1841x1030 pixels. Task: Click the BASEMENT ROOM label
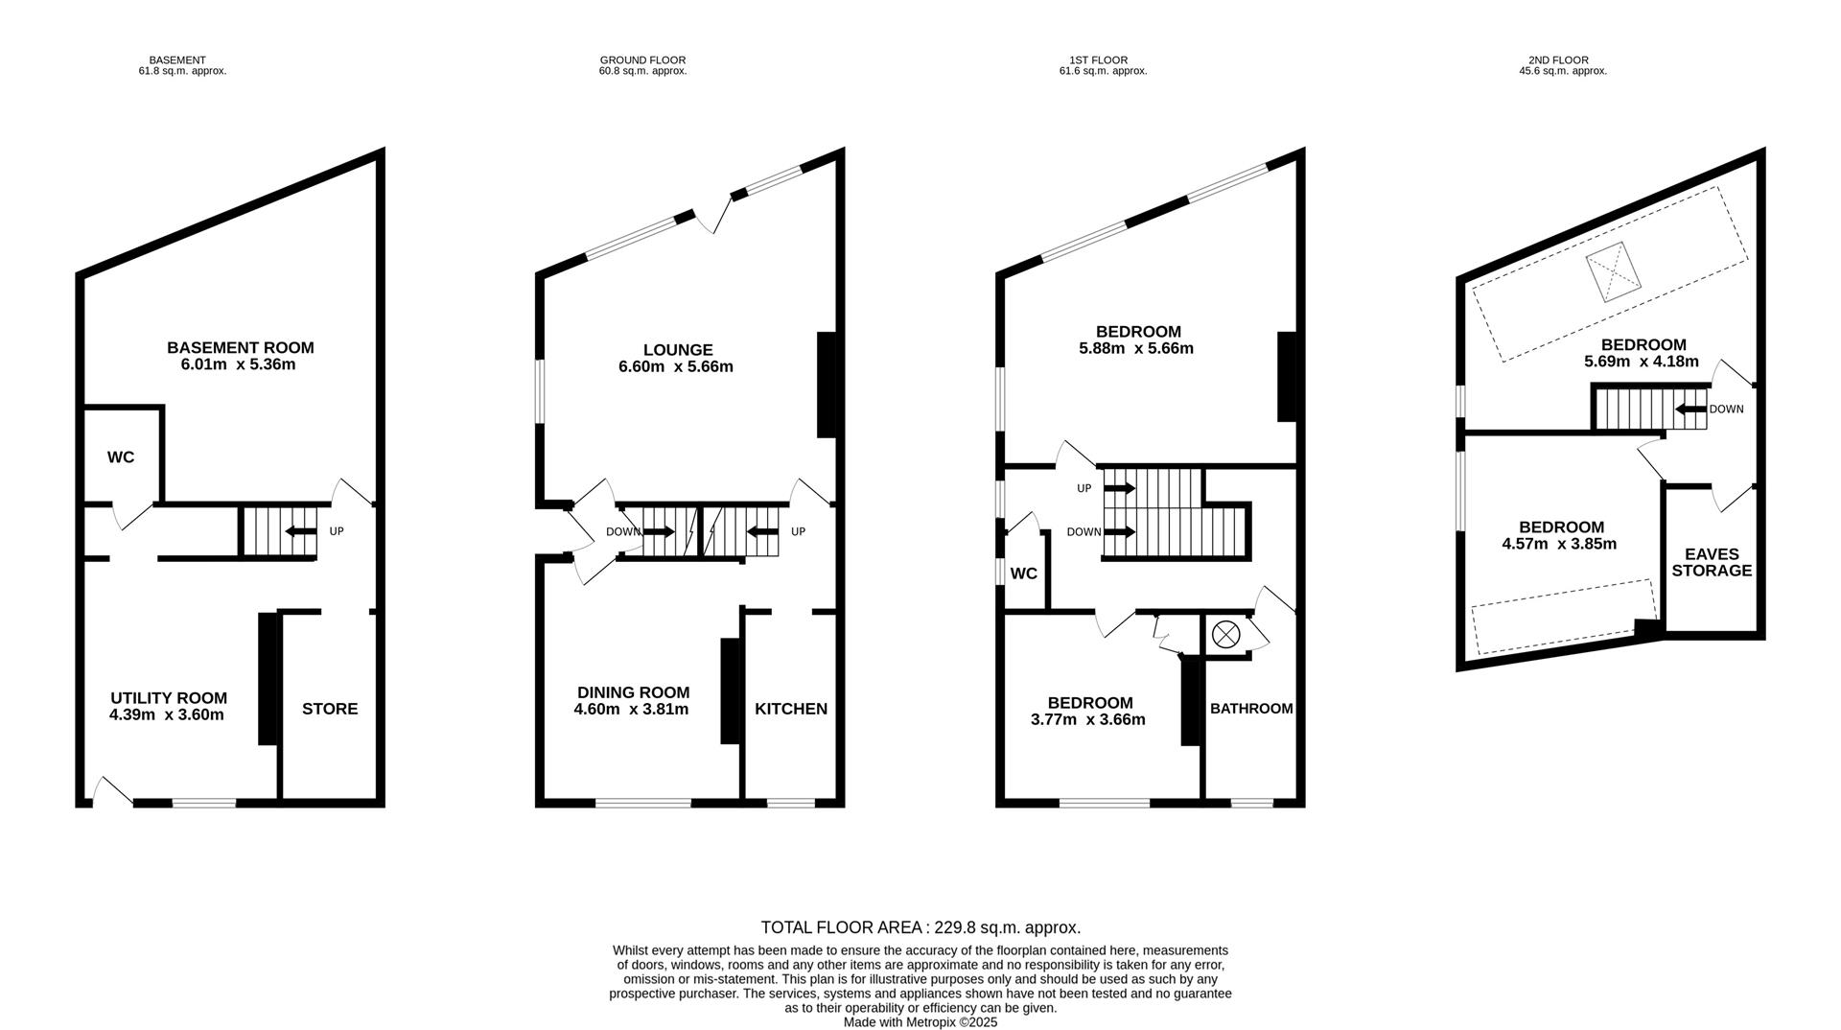pyautogui.click(x=240, y=347)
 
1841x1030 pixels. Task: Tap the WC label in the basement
pyautogui.click(x=121, y=457)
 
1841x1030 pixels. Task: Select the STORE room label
pyautogui.click(x=330, y=709)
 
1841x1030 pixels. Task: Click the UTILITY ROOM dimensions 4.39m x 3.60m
pyautogui.click(x=167, y=714)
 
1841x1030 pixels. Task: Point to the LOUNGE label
pyautogui.click(x=678, y=350)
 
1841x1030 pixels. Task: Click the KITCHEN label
pyautogui.click(x=791, y=709)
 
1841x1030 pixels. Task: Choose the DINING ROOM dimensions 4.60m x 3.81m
pyautogui.click(x=632, y=710)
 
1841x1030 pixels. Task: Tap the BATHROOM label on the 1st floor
pyautogui.click(x=1251, y=709)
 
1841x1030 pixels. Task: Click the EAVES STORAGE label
pyautogui.click(x=1712, y=562)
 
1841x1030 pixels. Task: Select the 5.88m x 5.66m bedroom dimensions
pyautogui.click(x=1136, y=349)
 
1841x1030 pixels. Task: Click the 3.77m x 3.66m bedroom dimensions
pyautogui.click(x=1088, y=719)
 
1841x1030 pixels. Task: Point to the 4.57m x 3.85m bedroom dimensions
pyautogui.click(x=1559, y=544)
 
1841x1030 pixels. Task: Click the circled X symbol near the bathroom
pyautogui.click(x=1225, y=634)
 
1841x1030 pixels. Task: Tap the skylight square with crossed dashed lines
pyautogui.click(x=1613, y=271)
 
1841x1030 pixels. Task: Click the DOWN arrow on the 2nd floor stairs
pyautogui.click(x=1690, y=410)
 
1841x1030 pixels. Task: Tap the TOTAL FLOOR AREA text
pyautogui.click(x=920, y=927)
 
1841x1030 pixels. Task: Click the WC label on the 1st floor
pyautogui.click(x=1024, y=574)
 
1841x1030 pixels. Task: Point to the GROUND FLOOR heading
pyautogui.click(x=642, y=60)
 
